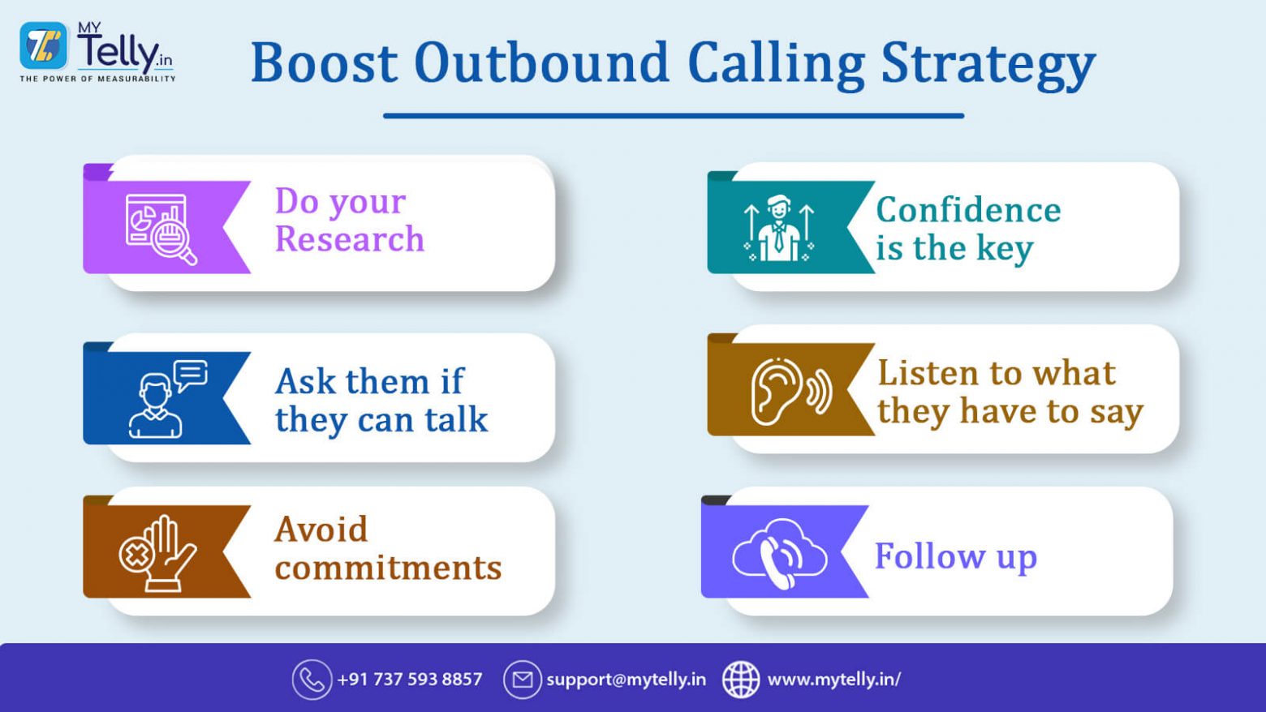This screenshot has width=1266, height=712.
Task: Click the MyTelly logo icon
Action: click(44, 45)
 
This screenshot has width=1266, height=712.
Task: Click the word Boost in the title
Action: click(324, 63)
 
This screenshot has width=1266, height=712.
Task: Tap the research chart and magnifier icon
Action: click(161, 228)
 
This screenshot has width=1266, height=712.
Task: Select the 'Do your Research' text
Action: click(349, 220)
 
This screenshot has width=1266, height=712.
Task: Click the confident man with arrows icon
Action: click(778, 228)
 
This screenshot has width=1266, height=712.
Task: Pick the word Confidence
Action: click(968, 210)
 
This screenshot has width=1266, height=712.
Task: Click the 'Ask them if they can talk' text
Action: click(381, 400)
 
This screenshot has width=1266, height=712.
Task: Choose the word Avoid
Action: click(321, 530)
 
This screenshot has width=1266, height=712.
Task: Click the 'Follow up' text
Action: click(955, 556)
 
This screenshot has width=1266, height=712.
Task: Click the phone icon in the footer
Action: click(312, 680)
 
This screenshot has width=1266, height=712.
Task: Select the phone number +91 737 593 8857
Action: click(409, 680)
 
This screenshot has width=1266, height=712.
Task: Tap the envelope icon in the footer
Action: click(522, 680)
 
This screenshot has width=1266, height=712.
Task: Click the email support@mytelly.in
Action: click(626, 680)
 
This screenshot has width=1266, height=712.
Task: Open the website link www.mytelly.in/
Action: click(833, 680)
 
